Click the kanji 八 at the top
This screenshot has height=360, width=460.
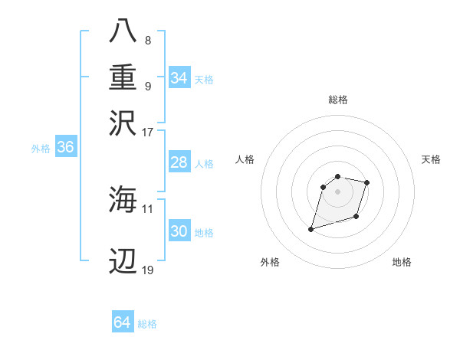tap(123, 31)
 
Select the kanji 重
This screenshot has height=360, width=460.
tap(123, 77)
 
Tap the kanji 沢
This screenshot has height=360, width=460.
tap(123, 123)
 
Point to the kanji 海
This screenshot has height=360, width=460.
tap(123, 200)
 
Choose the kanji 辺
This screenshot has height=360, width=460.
tap(123, 262)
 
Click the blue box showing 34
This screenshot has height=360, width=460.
tap(179, 78)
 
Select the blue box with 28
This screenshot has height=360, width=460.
tap(179, 163)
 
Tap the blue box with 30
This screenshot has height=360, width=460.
tap(179, 232)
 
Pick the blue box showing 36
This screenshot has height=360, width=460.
tap(65, 149)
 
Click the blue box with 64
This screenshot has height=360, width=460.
tap(122, 323)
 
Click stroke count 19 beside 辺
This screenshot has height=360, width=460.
tap(148, 270)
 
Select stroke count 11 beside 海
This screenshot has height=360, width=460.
tap(148, 208)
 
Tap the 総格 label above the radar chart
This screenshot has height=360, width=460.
tap(337, 100)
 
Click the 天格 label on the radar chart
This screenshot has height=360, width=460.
tap(432, 159)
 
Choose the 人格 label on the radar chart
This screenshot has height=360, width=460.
tap(245, 159)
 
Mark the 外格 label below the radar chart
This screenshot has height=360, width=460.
tap(270, 262)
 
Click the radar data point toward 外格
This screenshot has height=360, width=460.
tap(311, 228)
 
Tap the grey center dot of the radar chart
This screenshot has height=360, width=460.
tap(337, 191)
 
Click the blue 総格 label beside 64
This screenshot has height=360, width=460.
tap(147, 324)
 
